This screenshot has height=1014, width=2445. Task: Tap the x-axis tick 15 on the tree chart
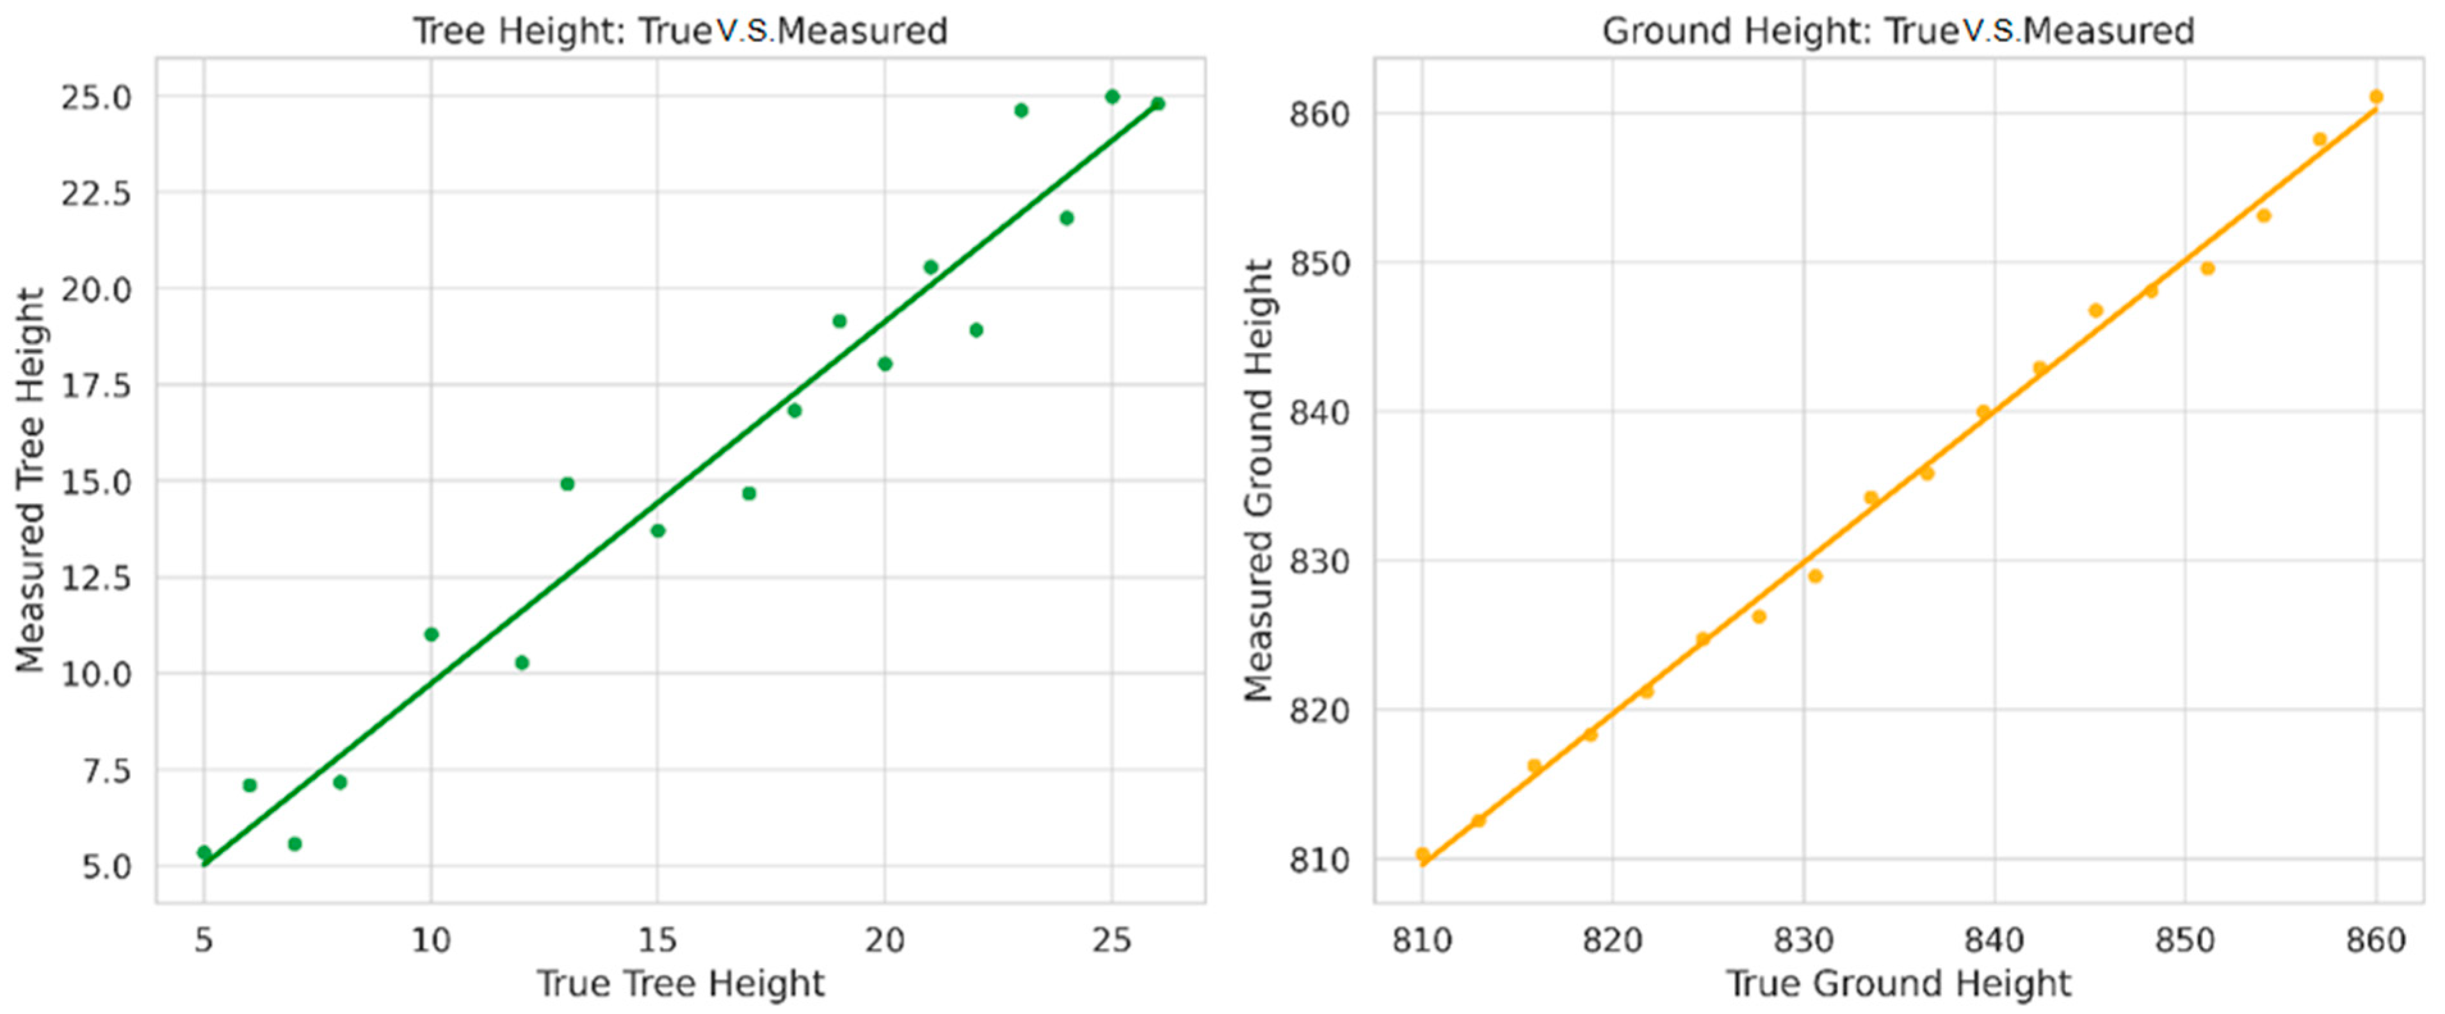click(x=657, y=940)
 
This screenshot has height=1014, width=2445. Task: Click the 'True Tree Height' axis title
click(x=679, y=984)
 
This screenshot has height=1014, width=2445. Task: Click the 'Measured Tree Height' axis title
click(x=30, y=480)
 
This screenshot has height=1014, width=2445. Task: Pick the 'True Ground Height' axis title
click(x=1898, y=984)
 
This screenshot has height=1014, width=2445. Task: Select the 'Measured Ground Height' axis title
click(x=1259, y=480)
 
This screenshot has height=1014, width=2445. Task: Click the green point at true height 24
click(x=1067, y=218)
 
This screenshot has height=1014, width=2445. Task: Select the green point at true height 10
click(x=431, y=634)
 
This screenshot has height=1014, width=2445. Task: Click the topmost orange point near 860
click(x=2376, y=97)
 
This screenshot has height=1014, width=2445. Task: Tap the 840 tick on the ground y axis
click(x=1319, y=413)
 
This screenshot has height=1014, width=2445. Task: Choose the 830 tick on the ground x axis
click(x=1803, y=940)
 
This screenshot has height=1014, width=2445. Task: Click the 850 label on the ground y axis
click(x=1319, y=264)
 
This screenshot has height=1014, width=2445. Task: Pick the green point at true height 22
click(x=976, y=330)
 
